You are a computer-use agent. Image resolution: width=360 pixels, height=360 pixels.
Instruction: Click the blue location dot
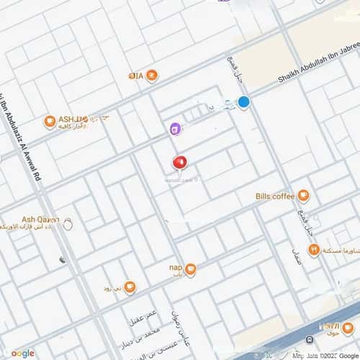pyautogui.click(x=244, y=102)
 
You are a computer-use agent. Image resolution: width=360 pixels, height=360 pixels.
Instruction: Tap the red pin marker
pyautogui.click(x=179, y=163)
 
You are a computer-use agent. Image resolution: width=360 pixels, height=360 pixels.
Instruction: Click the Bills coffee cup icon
pyautogui.click(x=304, y=195)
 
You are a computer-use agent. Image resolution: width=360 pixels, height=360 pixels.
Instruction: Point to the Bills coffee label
pyautogui.click(x=275, y=195)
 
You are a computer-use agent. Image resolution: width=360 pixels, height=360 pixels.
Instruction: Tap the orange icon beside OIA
pyautogui.click(x=152, y=75)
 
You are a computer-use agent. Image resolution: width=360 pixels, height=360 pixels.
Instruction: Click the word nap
pyautogui.click(x=174, y=265)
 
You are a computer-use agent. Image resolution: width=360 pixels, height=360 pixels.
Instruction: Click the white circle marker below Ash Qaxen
pyautogui.click(x=68, y=225)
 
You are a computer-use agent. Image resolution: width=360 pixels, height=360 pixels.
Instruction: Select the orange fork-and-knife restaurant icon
pyautogui.click(x=313, y=250)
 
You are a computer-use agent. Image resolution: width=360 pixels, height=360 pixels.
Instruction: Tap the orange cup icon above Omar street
pyautogui.click(x=130, y=289)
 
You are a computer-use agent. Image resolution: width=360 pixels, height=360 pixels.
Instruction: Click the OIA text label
pyautogui.click(x=135, y=75)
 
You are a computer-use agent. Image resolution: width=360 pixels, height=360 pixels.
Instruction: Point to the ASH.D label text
pyautogui.click(x=73, y=118)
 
